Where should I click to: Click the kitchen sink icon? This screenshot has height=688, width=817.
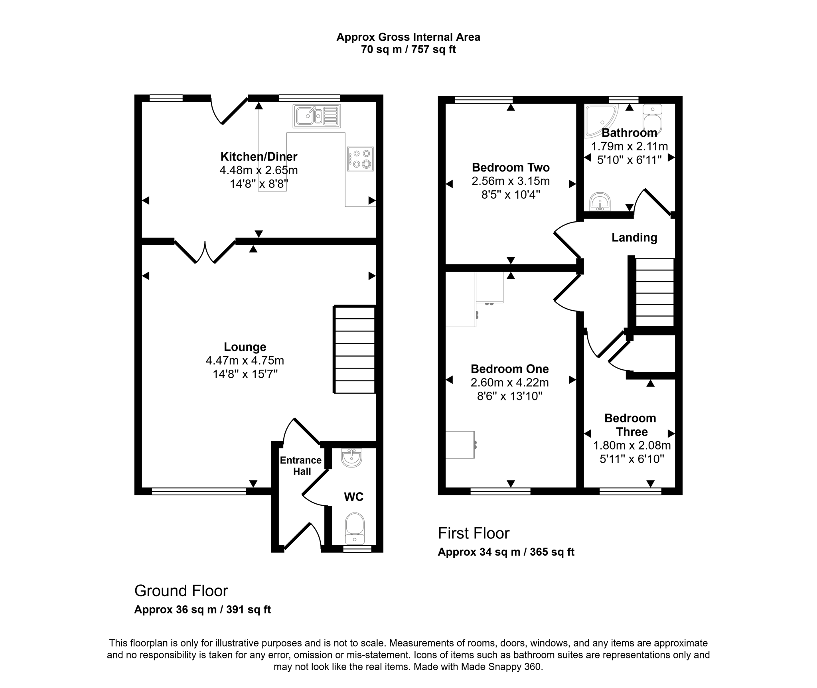point(316,116)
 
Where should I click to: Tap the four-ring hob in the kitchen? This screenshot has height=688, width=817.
point(360,159)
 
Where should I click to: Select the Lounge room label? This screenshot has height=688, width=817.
point(245,347)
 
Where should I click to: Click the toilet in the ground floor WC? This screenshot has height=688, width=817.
point(355,528)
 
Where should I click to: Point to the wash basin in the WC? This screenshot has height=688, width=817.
point(351,457)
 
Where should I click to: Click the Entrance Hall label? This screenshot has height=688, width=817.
point(301,465)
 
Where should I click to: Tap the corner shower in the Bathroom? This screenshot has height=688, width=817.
point(599,119)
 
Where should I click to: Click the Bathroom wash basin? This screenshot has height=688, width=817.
point(600,201)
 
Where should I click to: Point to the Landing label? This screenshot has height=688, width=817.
point(634,238)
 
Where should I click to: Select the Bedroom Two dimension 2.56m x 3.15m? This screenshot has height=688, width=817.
point(511,181)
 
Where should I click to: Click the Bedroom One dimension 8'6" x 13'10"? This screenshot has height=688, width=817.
point(510,396)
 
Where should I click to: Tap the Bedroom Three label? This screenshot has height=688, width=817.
point(630,425)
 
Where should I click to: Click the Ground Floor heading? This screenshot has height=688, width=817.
point(181,591)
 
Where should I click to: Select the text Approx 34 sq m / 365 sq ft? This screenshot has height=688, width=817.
point(506,552)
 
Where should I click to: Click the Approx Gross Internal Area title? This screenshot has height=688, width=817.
point(408,37)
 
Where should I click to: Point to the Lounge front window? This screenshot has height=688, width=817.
point(199,491)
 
